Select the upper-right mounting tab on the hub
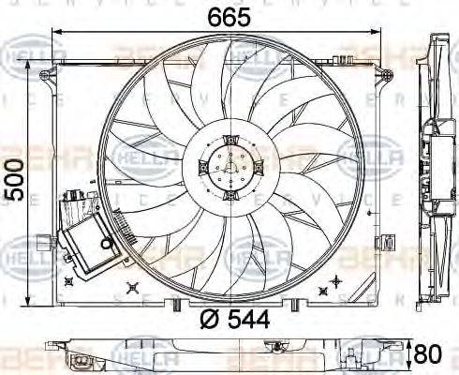click(251, 167)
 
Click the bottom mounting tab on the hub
click(228, 198)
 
